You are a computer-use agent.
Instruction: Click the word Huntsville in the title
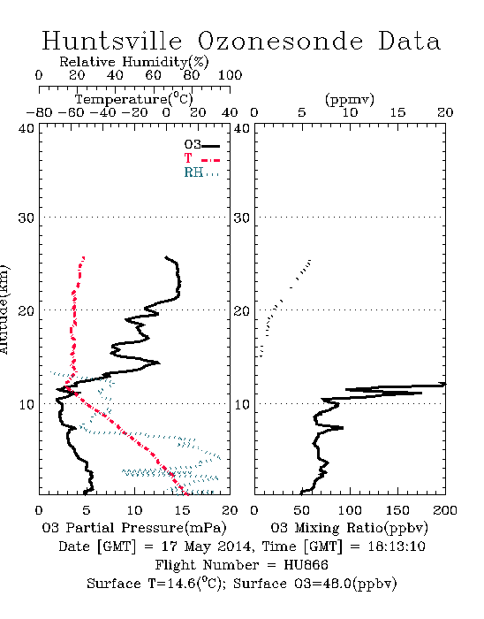112,41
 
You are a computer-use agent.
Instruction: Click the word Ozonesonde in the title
280,41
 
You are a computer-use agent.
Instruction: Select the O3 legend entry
201,145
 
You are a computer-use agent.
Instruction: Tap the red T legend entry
201,158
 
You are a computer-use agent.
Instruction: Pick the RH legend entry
201,172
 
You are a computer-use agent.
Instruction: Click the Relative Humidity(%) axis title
134,62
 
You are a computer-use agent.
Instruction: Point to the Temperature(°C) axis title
134,99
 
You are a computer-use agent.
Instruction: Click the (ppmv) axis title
350,99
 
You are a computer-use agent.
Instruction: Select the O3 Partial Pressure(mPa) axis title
134,528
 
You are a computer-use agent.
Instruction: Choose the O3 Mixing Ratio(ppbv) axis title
349,528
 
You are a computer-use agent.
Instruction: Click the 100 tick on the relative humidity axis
230,75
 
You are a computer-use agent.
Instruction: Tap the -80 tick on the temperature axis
39,112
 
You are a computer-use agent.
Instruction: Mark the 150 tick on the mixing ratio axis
397,510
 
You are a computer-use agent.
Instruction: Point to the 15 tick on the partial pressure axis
182,510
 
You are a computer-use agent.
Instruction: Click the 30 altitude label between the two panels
242,218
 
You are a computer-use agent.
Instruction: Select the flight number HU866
306,565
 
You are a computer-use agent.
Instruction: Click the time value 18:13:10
397,546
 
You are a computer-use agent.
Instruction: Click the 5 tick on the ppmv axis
302,112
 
